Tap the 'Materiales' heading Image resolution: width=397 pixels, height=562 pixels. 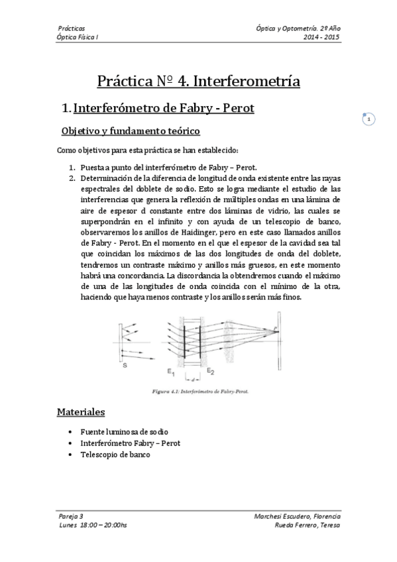pyautogui.click(x=80, y=412)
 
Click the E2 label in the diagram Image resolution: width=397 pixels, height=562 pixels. pyautogui.click(x=210, y=370)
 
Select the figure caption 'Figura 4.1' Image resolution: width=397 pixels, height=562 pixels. pyautogui.click(x=196, y=391)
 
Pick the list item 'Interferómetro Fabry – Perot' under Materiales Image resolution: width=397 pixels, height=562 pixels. pyautogui.click(x=130, y=443)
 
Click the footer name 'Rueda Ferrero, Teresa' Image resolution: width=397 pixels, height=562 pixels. pyautogui.click(x=307, y=525)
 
